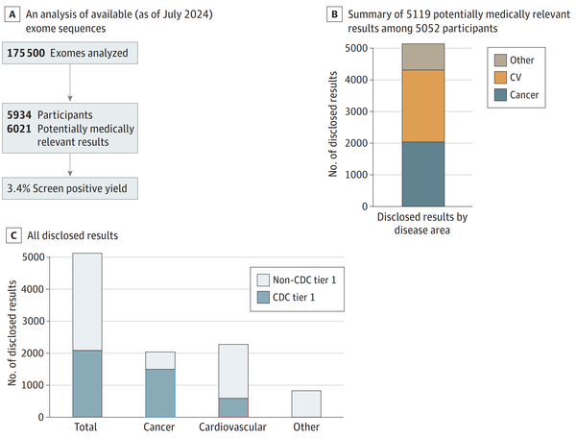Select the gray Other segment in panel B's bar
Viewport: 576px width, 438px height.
(422, 57)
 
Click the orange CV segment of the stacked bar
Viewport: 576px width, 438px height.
(422, 106)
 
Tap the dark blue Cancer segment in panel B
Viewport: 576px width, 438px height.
(422, 174)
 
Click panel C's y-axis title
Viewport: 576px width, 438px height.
(12, 336)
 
